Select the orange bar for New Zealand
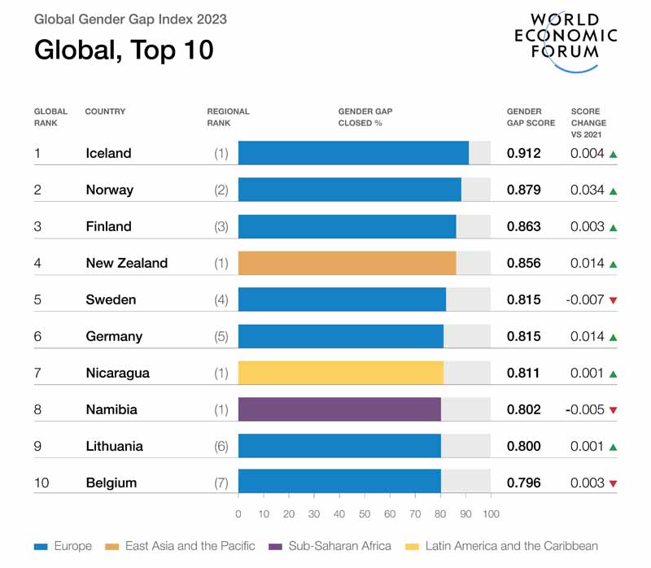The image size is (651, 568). (347, 263)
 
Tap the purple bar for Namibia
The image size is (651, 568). (339, 409)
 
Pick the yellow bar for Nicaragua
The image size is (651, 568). (340, 373)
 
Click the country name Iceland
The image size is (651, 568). (108, 153)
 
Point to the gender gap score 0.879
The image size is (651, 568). (524, 190)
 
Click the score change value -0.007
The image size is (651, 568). (585, 299)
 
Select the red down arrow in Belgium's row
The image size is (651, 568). (614, 483)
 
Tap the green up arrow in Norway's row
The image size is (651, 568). (614, 190)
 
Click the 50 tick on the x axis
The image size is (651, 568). (365, 513)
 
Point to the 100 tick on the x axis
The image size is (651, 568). (491, 513)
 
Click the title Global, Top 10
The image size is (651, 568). (124, 50)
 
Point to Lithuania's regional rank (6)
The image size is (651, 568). (221, 446)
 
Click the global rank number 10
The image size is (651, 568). (41, 483)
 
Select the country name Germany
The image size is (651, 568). (114, 336)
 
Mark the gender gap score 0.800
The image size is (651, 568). (524, 446)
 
